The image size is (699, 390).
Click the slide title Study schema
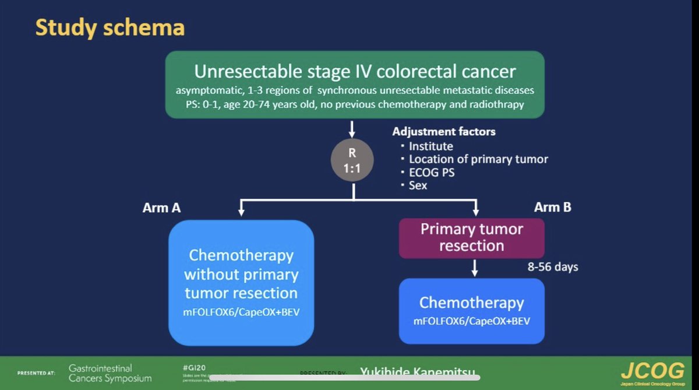tap(110, 27)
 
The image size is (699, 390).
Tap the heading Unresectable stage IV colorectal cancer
tap(355, 72)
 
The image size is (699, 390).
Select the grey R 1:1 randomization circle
tap(352, 161)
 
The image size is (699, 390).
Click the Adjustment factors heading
tap(444, 132)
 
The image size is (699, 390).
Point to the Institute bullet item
tap(430, 146)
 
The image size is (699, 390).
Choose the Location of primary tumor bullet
tap(478, 159)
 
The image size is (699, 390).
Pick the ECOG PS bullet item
tap(432, 173)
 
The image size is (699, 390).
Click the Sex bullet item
tap(418, 185)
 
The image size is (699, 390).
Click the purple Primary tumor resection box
tap(471, 237)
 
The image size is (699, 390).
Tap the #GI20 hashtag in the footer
tap(194, 368)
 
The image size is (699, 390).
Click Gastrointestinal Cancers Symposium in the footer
tap(110, 373)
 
